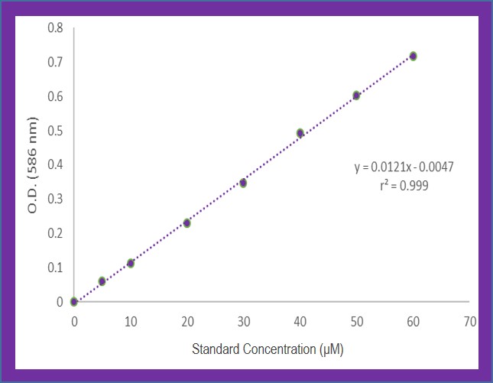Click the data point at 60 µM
tap(413, 56)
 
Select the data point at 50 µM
tap(356, 96)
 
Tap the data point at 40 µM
tap(300, 133)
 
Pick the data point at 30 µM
tap(243, 183)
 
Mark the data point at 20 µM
tap(186, 223)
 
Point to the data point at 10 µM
tap(131, 263)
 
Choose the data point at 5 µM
tap(102, 281)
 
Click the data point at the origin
tap(74, 302)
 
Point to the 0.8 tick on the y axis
tap(55, 28)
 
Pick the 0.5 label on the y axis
tap(55, 131)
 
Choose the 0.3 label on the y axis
tap(55, 199)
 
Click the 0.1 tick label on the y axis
tap(55, 268)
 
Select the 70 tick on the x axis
tap(469, 322)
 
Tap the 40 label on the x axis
tap(300, 322)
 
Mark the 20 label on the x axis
tap(187, 322)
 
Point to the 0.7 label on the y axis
tap(55, 62)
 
